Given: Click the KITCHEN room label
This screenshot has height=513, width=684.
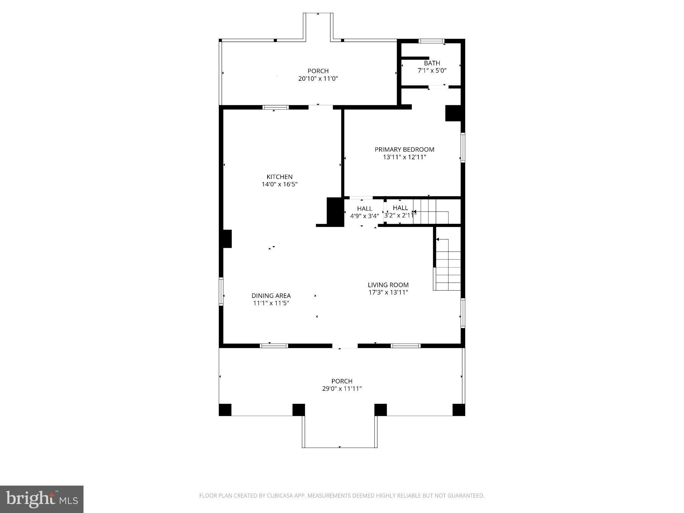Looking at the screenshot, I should (279, 177).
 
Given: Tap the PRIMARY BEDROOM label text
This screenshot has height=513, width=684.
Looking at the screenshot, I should (404, 149).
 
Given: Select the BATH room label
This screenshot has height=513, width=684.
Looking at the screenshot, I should (432, 63).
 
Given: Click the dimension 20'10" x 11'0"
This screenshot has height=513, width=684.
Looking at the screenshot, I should (318, 79).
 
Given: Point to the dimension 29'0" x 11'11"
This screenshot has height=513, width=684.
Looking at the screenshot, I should (342, 389).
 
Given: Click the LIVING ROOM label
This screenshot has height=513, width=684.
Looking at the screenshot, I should (388, 285).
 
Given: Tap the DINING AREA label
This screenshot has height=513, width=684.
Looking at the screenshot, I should (271, 296).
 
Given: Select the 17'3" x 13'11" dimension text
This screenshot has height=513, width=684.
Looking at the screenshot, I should (388, 293).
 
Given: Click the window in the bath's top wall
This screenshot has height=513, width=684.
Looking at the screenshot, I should (432, 41).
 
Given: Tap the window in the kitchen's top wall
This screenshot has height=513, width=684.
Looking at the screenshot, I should (275, 107).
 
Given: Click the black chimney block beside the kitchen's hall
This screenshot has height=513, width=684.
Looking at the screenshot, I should (335, 212).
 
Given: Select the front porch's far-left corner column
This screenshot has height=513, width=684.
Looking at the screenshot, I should (225, 410).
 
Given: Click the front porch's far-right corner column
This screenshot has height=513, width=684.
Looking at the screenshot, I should (459, 410).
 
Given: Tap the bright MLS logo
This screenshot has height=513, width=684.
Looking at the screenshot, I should (42, 499).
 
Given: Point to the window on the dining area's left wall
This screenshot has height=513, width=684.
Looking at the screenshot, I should (221, 291).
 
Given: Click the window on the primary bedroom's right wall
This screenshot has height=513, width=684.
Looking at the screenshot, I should (463, 148).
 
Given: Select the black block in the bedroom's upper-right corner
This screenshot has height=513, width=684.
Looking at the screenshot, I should (453, 113).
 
